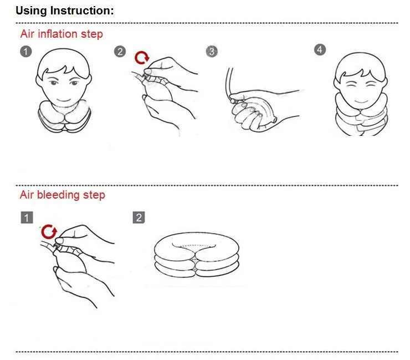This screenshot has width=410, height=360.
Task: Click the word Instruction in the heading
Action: click(82, 11)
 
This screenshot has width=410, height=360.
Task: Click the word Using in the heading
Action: click(32, 11)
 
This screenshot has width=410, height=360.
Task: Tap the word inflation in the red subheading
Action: click(58, 34)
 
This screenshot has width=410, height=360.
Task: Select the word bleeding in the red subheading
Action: click(58, 195)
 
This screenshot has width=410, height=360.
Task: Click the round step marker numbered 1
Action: click(26, 52)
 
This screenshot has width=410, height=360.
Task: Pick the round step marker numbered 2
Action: click(120, 52)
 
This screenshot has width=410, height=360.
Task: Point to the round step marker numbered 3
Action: click(212, 52)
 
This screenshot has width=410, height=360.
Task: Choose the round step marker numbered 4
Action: click(320, 50)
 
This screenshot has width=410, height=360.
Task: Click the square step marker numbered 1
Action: click(27, 217)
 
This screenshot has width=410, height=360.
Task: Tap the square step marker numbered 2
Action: click(139, 217)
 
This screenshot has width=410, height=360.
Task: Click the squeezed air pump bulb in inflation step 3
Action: click(258, 111)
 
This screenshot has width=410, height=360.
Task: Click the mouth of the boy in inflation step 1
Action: click(64, 100)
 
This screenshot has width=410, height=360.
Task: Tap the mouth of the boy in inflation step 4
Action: click(361, 102)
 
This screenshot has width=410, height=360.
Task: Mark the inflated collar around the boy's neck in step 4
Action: click(361, 118)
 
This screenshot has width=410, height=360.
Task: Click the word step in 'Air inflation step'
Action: click(92, 34)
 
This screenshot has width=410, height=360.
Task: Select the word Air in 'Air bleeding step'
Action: click(27, 195)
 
